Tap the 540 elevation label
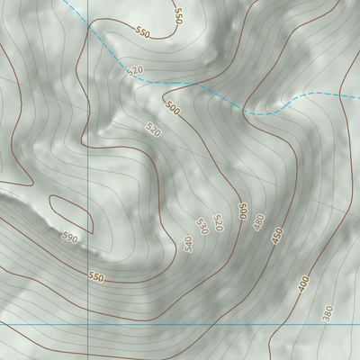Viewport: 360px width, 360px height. click(x=188, y=244)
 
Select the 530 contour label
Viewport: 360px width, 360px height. click(x=202, y=227)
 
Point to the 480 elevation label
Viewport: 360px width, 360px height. click(x=259, y=222)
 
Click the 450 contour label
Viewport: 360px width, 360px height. click(x=278, y=236)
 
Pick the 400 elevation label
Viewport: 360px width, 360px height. click(x=303, y=283)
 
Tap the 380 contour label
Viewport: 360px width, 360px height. click(x=328, y=312)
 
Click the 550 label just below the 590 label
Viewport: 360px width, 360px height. click(x=96, y=275)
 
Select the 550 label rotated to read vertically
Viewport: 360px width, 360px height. click(x=178, y=15)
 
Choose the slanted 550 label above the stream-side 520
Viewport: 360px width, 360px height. click(x=142, y=32)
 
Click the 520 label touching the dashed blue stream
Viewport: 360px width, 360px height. click(x=136, y=70)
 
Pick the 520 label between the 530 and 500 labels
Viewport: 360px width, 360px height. click(x=217, y=223)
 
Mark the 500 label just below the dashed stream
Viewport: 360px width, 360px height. click(x=173, y=111)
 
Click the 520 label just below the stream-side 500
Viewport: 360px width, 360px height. click(x=152, y=130)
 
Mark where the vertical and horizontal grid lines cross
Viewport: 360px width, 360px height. click(x=87, y=324)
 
